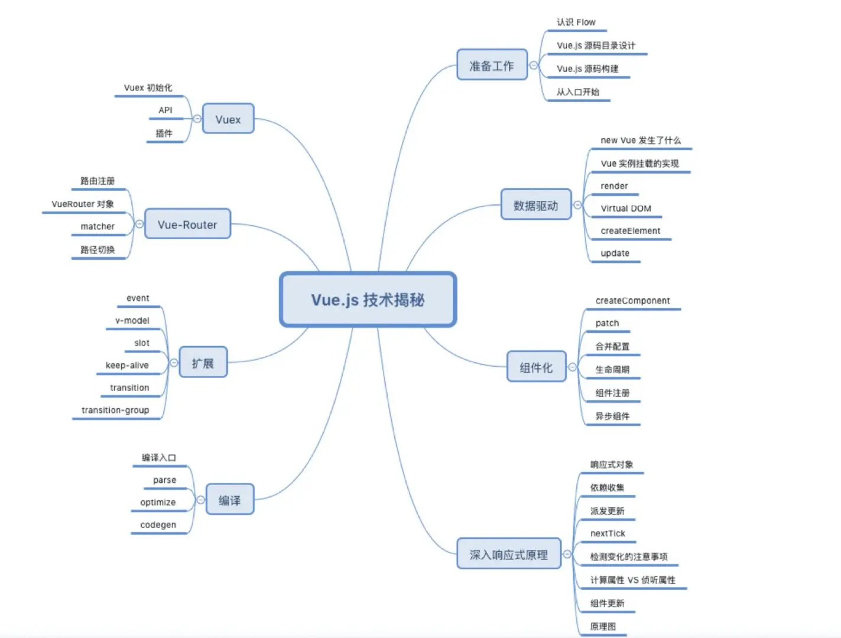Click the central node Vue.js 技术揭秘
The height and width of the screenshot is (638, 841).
tap(368, 300)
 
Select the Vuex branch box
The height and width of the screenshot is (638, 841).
tap(228, 119)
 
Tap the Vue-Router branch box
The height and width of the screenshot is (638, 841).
tap(187, 224)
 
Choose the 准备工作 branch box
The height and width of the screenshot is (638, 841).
tap(492, 65)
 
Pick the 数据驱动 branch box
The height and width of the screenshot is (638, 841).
tap(535, 205)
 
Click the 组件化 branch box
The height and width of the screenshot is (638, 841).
tap(536, 367)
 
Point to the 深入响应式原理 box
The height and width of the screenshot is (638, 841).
tap(508, 554)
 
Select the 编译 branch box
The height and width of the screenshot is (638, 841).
tap(229, 500)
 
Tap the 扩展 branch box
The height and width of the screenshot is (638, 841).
tap(203, 363)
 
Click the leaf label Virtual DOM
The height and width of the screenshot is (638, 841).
tap(626, 209)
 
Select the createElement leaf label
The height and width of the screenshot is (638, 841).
tap(630, 231)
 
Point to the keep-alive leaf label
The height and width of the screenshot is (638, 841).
tap(127, 365)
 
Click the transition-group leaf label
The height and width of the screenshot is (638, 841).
tap(115, 410)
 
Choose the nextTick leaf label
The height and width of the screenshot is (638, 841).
tap(608, 533)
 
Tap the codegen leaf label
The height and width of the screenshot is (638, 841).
tap(158, 525)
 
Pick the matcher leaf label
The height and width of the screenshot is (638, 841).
tap(98, 226)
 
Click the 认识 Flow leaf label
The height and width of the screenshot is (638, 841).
tap(576, 22)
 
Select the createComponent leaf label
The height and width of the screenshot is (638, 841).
tap(632, 301)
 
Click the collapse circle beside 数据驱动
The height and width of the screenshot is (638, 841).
tap(577, 205)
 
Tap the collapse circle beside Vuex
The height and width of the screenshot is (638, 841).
tap(197, 119)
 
